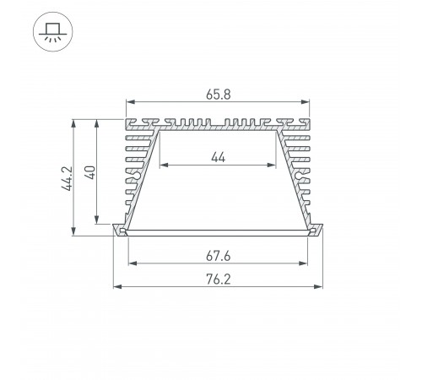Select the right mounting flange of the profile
pos(318,230)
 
